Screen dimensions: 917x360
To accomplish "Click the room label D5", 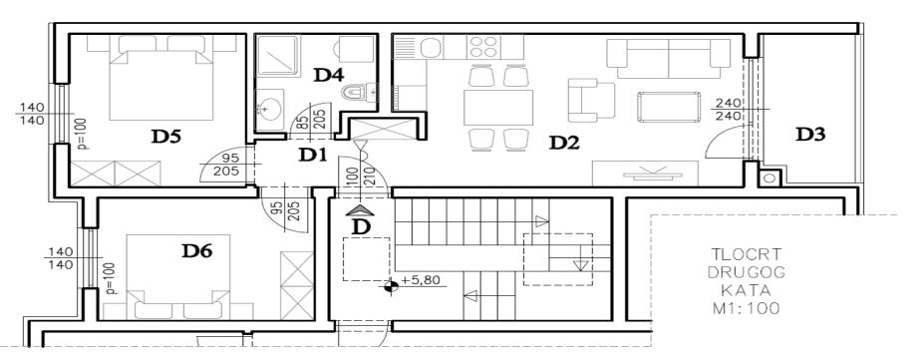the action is tap(166, 137).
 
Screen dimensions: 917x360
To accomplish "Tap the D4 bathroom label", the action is tap(329, 75).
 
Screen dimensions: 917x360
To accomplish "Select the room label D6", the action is tap(197, 251).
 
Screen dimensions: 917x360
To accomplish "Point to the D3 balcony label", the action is tap(810, 135).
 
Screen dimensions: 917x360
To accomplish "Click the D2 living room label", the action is tap(564, 143).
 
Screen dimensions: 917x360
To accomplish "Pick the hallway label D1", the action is tap(312, 156).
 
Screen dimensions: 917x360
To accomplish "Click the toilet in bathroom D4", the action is tap(357, 92).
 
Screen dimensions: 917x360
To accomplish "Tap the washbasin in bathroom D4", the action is tap(269, 106).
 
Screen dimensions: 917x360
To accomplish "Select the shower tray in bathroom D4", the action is tap(278, 56).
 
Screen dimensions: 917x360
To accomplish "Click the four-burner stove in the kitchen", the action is tap(483, 47).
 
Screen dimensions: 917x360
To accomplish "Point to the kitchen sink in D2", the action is tap(431, 47).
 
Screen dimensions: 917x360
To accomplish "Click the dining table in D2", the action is tap(498, 107).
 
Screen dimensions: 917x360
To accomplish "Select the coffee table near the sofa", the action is tap(669, 107).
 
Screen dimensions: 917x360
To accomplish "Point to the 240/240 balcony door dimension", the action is tap(728, 110).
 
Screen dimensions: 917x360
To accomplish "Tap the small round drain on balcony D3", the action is tap(769, 178).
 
